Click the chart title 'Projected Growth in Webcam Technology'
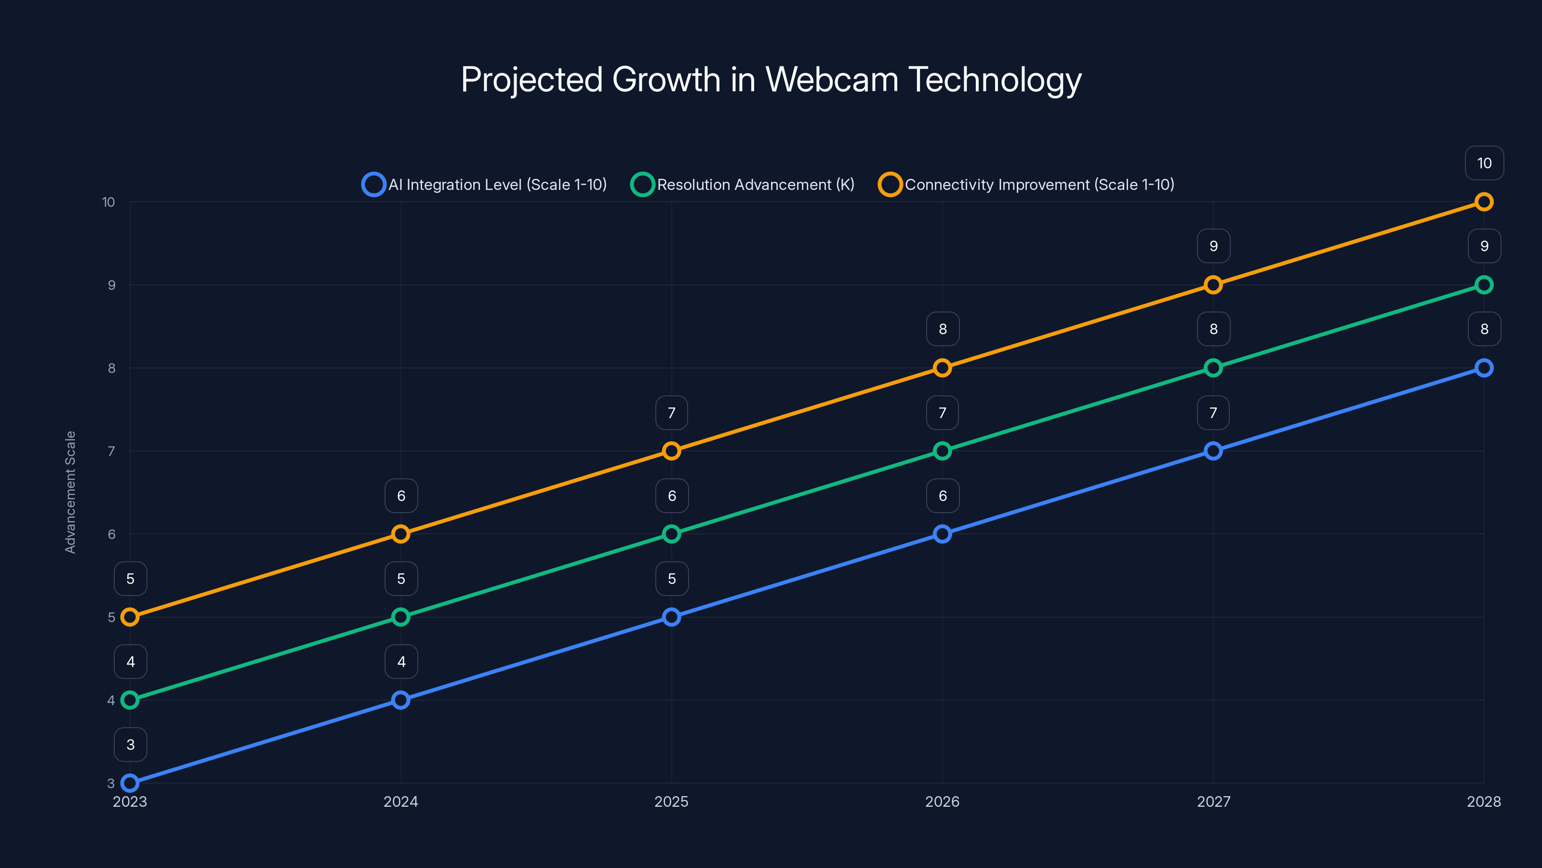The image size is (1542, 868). (x=771, y=80)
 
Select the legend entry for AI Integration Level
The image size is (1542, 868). (x=485, y=185)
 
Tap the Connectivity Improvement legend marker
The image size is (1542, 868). (x=890, y=185)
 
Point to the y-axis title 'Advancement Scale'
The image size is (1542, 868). (x=71, y=492)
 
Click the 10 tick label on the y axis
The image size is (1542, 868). (x=108, y=202)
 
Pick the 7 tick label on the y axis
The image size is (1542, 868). (x=111, y=451)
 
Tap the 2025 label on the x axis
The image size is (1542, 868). (x=671, y=801)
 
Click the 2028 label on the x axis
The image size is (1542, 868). (x=1483, y=801)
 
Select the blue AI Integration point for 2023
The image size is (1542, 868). (x=130, y=783)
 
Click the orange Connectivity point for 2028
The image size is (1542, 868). (x=1483, y=202)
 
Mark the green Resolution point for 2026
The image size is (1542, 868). (x=942, y=451)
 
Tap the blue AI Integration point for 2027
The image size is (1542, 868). (x=1213, y=451)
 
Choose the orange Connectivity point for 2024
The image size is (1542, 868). (x=400, y=534)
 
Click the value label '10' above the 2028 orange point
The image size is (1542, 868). (x=1484, y=163)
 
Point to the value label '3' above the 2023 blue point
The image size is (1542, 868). (x=131, y=745)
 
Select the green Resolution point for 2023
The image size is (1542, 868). (x=130, y=700)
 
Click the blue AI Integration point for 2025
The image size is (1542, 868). (x=671, y=617)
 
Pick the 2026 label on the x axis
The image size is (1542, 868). (x=942, y=801)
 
